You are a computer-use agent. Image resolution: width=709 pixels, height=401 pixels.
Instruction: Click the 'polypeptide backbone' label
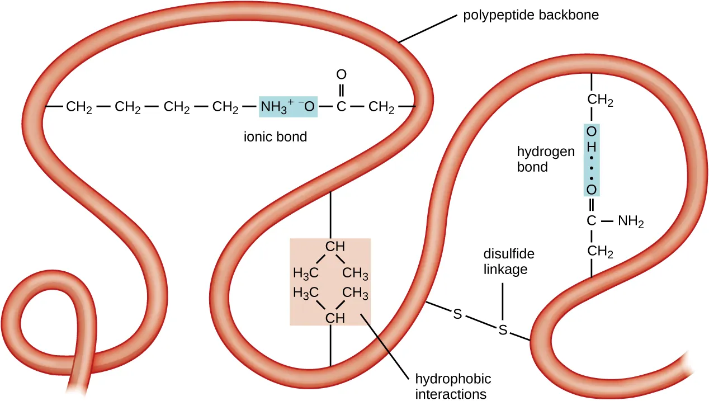tap(531, 16)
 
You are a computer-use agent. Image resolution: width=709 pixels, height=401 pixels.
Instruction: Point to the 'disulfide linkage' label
tap(508, 261)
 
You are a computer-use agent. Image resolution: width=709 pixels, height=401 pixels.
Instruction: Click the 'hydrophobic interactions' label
tap(453, 386)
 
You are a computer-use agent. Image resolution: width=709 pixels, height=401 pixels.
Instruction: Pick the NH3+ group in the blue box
tap(273, 106)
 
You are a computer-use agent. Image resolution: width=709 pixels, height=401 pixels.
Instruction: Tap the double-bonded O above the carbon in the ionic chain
tap(341, 74)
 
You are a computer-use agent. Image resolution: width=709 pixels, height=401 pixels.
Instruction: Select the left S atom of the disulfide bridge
tap(457, 314)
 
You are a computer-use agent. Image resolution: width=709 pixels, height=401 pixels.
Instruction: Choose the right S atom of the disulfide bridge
tap(503, 330)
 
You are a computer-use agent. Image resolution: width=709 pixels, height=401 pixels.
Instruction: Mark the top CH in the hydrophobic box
tap(335, 246)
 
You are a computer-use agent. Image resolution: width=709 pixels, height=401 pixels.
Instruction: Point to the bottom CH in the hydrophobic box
tap(335, 319)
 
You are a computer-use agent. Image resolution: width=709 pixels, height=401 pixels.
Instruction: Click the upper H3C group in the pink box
tap(306, 273)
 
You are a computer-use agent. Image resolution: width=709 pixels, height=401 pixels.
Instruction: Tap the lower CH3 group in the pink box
tap(355, 292)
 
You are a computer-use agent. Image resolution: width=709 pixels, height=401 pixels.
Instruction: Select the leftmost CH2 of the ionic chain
tap(79, 106)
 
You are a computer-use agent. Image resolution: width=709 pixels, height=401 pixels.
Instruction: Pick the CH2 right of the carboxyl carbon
tap(382, 106)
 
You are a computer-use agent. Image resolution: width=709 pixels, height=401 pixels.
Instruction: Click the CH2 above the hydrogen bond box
tap(600, 101)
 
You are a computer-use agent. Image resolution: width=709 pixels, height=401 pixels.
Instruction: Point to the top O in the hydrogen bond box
tap(592, 131)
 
